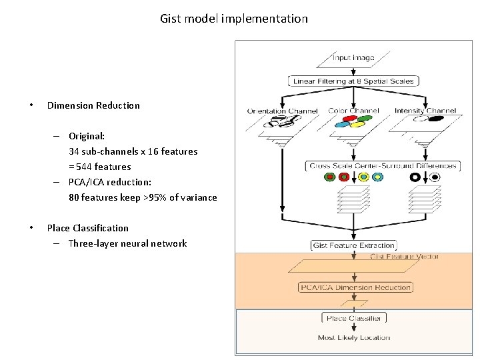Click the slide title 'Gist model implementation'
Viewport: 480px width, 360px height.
[234, 19]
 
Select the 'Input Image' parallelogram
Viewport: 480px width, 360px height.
[354, 58]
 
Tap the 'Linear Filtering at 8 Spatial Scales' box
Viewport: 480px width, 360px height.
[354, 81]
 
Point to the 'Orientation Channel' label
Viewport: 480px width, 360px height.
[283, 111]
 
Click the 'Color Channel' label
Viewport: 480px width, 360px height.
[353, 111]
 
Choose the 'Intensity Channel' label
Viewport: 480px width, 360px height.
[425, 111]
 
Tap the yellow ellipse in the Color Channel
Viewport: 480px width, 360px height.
[358, 124]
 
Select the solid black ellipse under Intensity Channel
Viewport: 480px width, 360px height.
[435, 119]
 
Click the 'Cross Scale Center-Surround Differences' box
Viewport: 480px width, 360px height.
[383, 165]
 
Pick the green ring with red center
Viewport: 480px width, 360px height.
[329, 177]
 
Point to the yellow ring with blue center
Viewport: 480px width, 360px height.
[363, 177]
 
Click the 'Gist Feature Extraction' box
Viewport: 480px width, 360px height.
[354, 245]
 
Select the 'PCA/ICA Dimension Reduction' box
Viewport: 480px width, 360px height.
[355, 287]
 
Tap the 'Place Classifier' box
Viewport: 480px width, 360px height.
[354, 318]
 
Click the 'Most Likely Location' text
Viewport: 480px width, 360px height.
[354, 338]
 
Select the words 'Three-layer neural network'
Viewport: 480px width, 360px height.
[127, 243]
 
